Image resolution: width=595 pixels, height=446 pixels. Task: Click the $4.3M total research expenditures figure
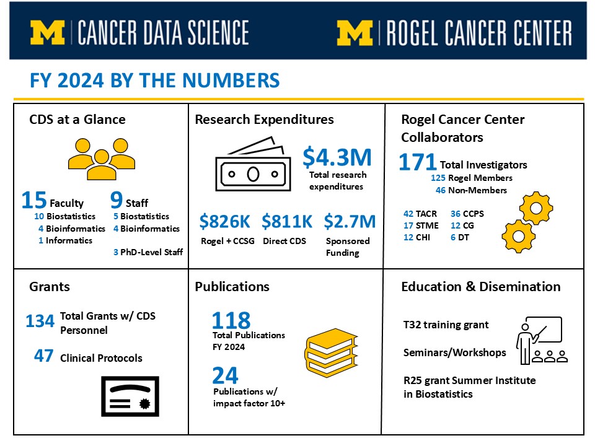pyautogui.click(x=337, y=157)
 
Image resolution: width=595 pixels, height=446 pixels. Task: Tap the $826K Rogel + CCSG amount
pyautogui.click(x=224, y=221)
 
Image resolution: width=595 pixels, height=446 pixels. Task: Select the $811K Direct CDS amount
pyautogui.click(x=287, y=221)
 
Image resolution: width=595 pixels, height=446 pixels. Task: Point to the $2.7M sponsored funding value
pyautogui.click(x=350, y=221)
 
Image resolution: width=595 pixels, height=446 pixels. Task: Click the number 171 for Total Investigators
pyautogui.click(x=417, y=162)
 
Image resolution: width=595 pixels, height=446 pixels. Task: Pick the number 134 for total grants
pyautogui.click(x=40, y=321)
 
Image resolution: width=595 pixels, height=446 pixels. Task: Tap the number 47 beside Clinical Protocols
pyautogui.click(x=43, y=356)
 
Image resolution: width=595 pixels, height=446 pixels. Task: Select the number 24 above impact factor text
pyautogui.click(x=224, y=375)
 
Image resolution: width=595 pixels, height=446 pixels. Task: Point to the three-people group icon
pyautogui.click(x=101, y=159)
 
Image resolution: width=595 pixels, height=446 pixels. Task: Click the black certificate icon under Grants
pyautogui.click(x=130, y=397)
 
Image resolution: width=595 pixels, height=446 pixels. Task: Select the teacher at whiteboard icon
pyautogui.click(x=539, y=340)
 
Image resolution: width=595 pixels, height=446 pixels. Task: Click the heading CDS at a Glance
pyautogui.click(x=77, y=120)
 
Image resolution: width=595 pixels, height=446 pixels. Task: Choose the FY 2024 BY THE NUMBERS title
pyautogui.click(x=155, y=81)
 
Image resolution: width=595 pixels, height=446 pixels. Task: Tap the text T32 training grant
pyautogui.click(x=446, y=325)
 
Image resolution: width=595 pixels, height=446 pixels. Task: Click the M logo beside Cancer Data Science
pyautogui.click(x=48, y=33)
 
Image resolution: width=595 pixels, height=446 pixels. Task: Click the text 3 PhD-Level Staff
pyautogui.click(x=148, y=252)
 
